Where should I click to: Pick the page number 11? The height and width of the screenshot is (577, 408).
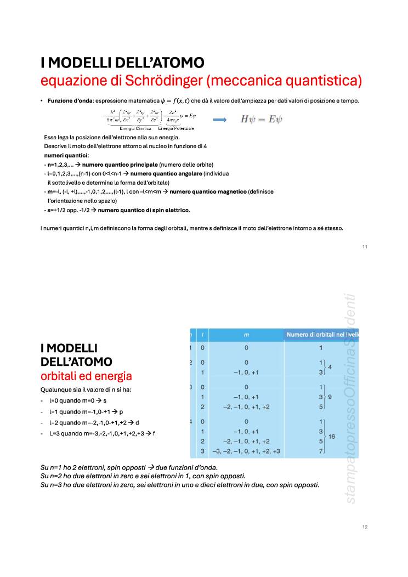[365, 247]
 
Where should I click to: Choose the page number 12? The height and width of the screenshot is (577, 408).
[365, 527]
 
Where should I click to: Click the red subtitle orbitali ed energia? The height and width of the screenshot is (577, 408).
[86, 376]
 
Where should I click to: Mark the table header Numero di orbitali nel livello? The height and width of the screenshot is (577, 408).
[322, 334]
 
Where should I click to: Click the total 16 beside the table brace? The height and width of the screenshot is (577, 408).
[332, 437]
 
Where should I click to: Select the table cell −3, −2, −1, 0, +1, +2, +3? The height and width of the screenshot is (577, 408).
[246, 451]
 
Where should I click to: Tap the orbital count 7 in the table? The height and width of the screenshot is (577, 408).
[321, 451]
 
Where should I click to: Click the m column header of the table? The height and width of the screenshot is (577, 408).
[246, 334]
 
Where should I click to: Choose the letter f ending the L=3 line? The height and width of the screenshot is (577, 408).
[154, 433]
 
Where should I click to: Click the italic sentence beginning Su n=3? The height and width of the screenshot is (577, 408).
[180, 485]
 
